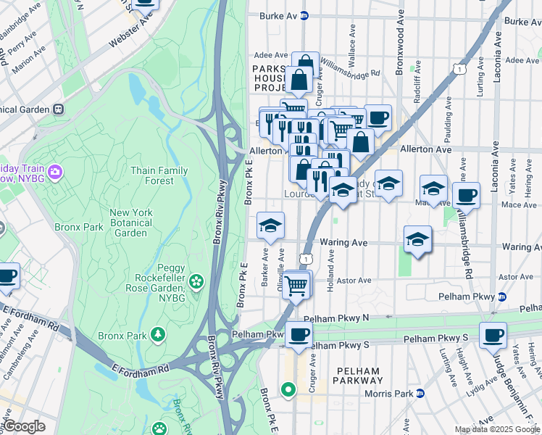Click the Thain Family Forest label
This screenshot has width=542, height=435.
pyautogui.click(x=159, y=176)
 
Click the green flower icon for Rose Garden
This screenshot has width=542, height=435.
pyautogui.click(x=196, y=281)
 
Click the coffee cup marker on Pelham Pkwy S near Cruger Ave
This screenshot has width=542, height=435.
pyautogui.click(x=298, y=334)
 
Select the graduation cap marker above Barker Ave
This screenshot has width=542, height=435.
pyautogui.click(x=270, y=225)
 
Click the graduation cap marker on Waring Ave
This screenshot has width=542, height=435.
pyautogui.click(x=417, y=239)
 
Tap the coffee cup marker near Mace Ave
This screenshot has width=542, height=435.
pyautogui.click(x=466, y=194)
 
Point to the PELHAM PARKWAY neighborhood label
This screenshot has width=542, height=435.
pyautogui.click(x=357, y=376)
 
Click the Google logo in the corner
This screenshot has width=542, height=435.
pyautogui.click(x=23, y=426)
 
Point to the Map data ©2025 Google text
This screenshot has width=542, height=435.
pyautogui.click(x=497, y=429)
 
